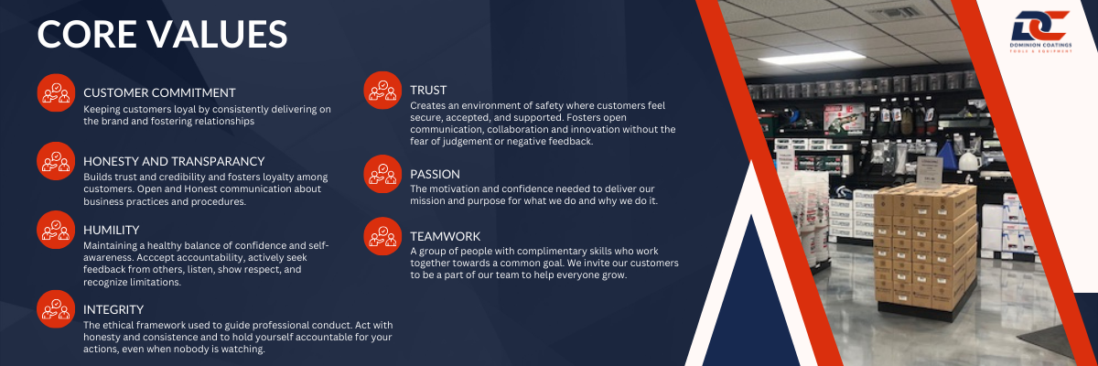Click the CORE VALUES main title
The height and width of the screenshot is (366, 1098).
(x=162, y=34)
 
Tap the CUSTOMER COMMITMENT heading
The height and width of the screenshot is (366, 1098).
(x=159, y=92)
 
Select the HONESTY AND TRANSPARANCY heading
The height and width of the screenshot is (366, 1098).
(x=174, y=161)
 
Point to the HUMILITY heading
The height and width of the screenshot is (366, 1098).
(x=112, y=230)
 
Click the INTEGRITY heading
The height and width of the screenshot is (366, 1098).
(x=113, y=309)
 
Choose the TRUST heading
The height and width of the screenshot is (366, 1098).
(x=428, y=91)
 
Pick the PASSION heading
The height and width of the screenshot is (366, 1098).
(x=435, y=174)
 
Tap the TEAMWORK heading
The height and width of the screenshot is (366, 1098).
(x=445, y=236)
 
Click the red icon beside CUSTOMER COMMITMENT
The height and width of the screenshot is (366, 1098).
(x=56, y=92)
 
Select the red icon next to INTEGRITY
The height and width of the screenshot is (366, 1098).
(x=56, y=309)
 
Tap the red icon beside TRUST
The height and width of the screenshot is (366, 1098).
(x=382, y=91)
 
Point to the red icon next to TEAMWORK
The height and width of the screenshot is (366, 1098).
(x=382, y=236)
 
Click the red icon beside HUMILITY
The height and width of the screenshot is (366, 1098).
(x=56, y=230)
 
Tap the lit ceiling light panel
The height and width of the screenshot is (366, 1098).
(x=812, y=59)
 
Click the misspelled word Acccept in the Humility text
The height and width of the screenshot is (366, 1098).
(x=155, y=257)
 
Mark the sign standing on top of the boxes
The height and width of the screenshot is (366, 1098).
(x=929, y=172)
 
